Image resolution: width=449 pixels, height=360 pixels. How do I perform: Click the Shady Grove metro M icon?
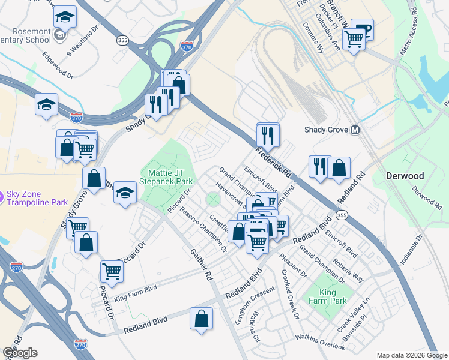point(355,130)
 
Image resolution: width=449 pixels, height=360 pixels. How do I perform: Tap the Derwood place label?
point(405,176)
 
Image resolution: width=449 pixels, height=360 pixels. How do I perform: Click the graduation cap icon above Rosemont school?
point(65,17)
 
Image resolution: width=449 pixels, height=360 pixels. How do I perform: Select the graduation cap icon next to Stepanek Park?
point(125,193)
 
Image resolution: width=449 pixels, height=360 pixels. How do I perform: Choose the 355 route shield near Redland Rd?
point(342,215)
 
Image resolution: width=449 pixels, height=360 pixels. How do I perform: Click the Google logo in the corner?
point(20,353)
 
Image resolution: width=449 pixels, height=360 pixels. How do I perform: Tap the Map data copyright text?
point(411,355)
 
